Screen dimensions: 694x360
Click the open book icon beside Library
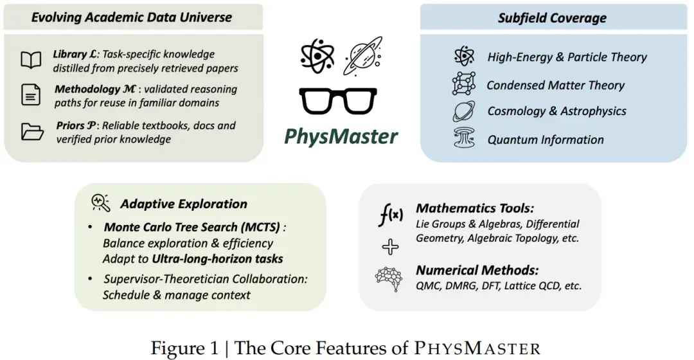pos(31,60)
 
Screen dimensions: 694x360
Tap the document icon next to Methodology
pos(31,94)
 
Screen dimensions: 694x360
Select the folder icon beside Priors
pos(32,132)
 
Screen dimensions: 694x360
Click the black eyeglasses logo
pos(338,101)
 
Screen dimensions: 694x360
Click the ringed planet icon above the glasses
pos(363,56)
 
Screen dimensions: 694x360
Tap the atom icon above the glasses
pos(317,56)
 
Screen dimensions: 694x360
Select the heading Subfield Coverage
pos(552,18)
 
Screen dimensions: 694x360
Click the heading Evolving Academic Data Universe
pos(132,17)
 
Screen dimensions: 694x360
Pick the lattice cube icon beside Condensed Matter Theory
pos(464,84)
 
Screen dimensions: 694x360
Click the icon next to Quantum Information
pos(465,138)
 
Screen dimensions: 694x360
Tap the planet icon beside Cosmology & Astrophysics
pos(464,111)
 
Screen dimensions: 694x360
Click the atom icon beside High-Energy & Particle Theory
pos(465,56)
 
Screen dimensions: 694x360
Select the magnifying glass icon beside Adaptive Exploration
pos(101,203)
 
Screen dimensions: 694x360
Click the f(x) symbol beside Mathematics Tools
pos(391,215)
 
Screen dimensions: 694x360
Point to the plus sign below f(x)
pos(390,247)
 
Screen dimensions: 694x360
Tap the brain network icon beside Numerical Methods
pos(389,279)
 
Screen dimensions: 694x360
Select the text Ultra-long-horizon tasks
pos(217,258)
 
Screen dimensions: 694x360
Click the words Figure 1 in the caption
pos(184,348)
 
